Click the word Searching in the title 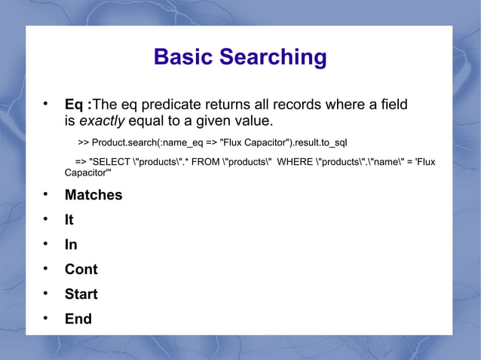coord(273,58)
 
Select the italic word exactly coord(102,121)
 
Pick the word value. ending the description coord(253,121)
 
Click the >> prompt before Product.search coord(83,142)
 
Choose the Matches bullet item coord(93,195)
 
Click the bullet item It coord(69,220)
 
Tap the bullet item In coord(70,245)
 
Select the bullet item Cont coord(81,270)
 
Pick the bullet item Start coord(81,294)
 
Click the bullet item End coord(78,319)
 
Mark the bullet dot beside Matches coord(46,195)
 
